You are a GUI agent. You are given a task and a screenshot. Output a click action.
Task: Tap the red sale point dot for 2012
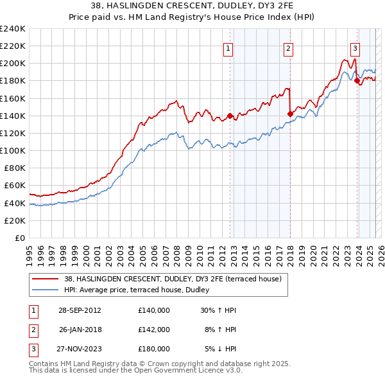coord(230,116)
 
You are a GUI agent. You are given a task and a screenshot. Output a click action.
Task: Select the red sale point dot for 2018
coord(290,114)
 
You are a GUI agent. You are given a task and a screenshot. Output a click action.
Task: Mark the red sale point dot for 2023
coord(357,81)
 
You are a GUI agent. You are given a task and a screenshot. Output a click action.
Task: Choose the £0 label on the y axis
coord(19,238)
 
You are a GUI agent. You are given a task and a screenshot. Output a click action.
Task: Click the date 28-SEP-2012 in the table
coord(80,310)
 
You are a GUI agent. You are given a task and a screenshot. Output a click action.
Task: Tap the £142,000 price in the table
coord(154,330)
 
